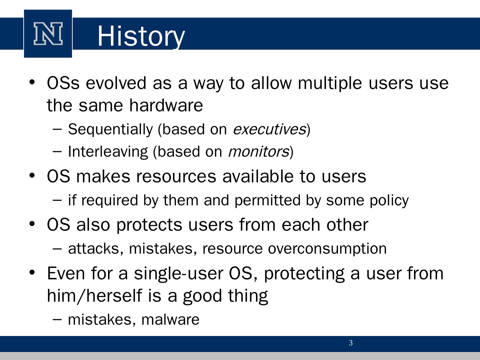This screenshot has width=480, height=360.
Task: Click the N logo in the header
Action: tap(48, 34)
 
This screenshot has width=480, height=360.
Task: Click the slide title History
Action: tap(141, 36)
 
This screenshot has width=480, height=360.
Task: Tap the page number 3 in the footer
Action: tap(351, 343)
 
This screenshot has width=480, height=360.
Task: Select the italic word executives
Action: tap(269, 129)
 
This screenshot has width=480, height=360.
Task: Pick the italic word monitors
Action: tap(259, 152)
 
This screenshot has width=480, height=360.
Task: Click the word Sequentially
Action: tap(110, 130)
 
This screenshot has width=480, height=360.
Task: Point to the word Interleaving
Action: tap(108, 152)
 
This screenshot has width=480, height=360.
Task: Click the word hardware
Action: tap(166, 105)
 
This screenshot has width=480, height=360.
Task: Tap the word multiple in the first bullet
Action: tap(330, 84)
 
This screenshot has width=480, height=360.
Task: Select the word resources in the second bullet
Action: tap(176, 177)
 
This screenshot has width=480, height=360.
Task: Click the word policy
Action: tap(389, 201)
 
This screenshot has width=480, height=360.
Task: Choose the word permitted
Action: tap(267, 200)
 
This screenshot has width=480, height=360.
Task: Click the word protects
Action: tap(149, 225)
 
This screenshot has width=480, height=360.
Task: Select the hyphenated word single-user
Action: tap(179, 274)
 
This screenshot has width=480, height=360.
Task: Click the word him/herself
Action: tap(94, 296)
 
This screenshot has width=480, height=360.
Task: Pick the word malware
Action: tap(170, 320)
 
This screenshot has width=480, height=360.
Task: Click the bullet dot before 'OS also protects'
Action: tap(32, 224)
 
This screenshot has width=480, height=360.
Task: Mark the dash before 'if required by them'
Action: tap(57, 200)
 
